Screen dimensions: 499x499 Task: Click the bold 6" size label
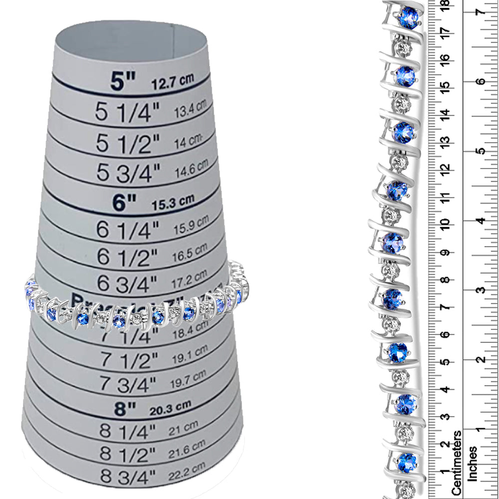[124, 202]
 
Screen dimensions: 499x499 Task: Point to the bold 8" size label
[125, 409]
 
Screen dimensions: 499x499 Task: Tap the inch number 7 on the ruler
[481, 11]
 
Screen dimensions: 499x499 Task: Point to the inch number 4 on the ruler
[481, 220]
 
